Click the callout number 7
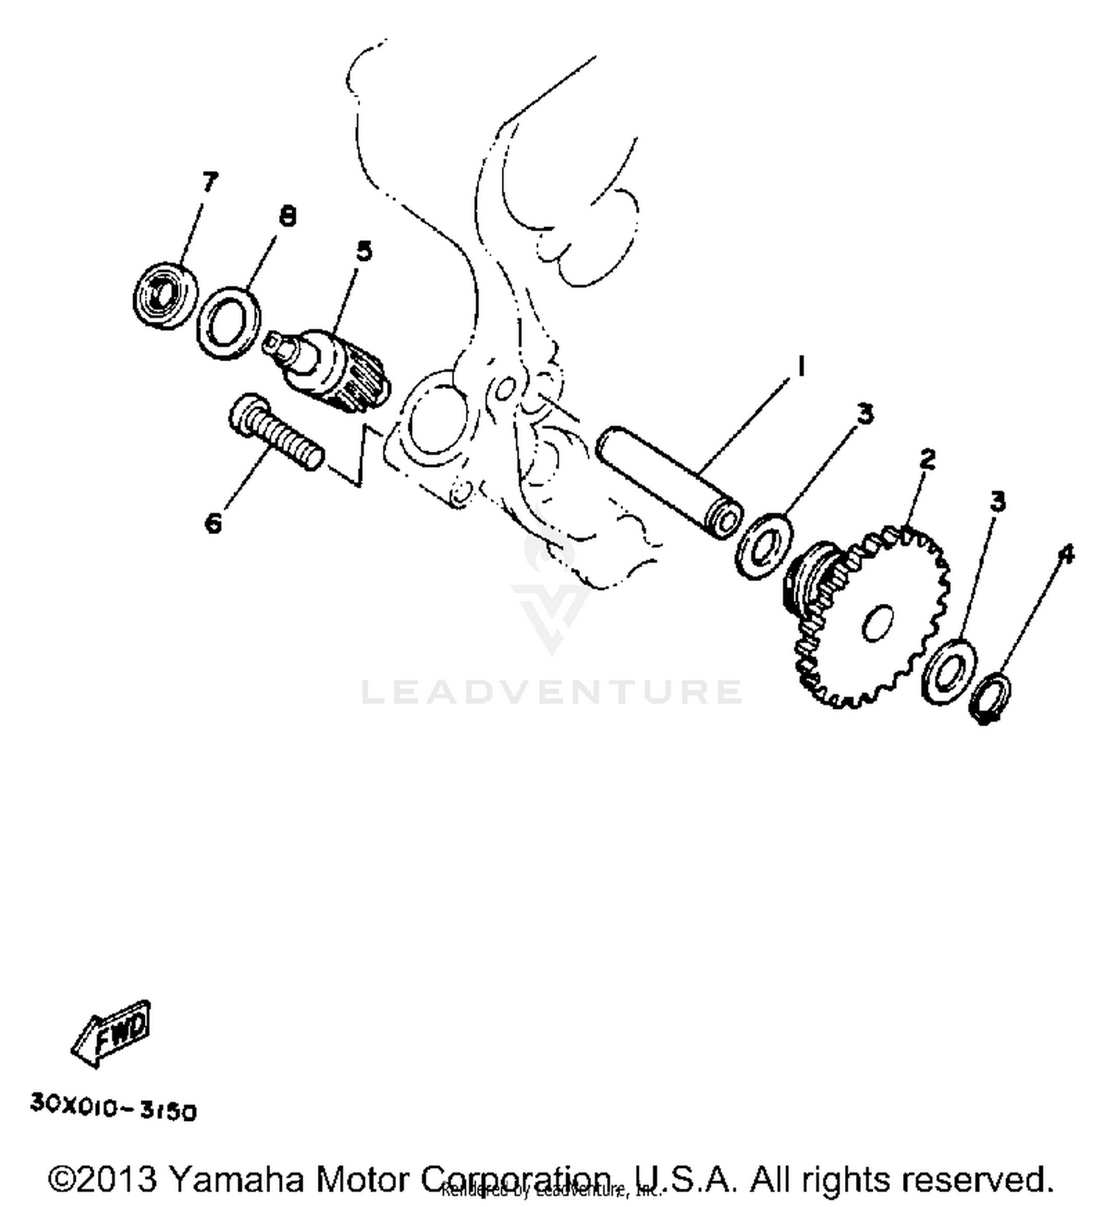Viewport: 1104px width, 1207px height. click(x=210, y=182)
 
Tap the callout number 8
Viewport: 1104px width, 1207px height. click(x=288, y=216)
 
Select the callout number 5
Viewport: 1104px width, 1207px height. click(x=364, y=252)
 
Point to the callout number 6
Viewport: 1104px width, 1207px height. click(x=213, y=524)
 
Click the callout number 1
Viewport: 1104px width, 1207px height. click(x=800, y=366)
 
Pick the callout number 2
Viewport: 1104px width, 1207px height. click(x=927, y=460)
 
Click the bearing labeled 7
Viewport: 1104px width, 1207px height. click(x=166, y=295)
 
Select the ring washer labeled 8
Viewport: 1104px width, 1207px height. click(x=229, y=323)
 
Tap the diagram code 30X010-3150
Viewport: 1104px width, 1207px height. click(x=113, y=1108)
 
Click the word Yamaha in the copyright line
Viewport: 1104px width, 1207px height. click(x=236, y=1179)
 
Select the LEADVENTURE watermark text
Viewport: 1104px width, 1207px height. click(x=552, y=691)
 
